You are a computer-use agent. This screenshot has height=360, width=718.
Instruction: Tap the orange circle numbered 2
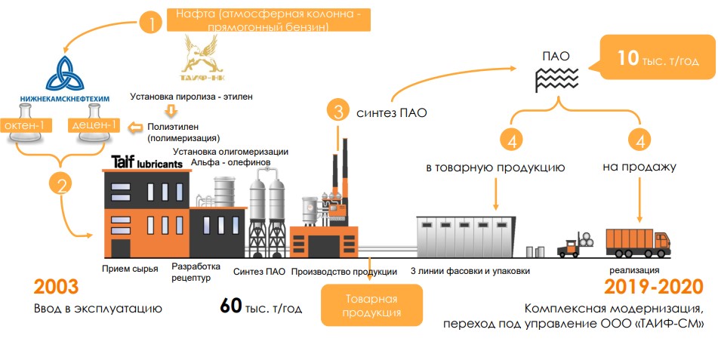click(60, 183)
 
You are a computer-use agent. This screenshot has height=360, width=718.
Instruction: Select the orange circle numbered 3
click(339, 112)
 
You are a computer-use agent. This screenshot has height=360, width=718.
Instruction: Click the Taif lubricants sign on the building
click(146, 162)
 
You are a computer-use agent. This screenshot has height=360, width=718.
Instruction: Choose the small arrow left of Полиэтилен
click(137, 127)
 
